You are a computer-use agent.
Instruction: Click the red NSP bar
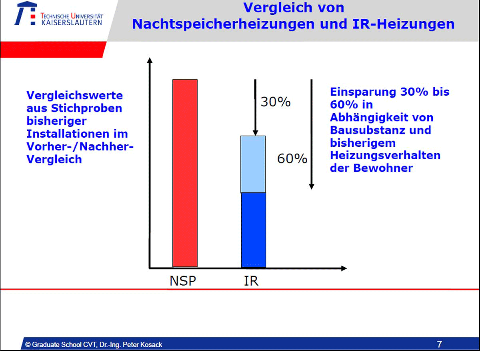pyautogui.click(x=185, y=173)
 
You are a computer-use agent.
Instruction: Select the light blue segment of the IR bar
pyautogui.click(x=253, y=164)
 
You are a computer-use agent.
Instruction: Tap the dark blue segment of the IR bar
pyautogui.click(x=253, y=230)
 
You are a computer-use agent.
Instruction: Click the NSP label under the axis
pyautogui.click(x=183, y=280)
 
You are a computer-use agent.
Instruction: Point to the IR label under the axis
pyautogui.click(x=251, y=280)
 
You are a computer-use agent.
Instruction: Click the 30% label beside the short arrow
pyautogui.click(x=276, y=102)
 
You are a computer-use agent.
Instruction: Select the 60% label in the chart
pyautogui.click(x=292, y=159)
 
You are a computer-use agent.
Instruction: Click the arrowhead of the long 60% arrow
pyautogui.click(x=312, y=186)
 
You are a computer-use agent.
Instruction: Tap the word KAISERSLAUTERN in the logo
pyautogui.click(x=72, y=22)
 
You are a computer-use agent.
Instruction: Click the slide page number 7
pyautogui.click(x=439, y=344)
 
